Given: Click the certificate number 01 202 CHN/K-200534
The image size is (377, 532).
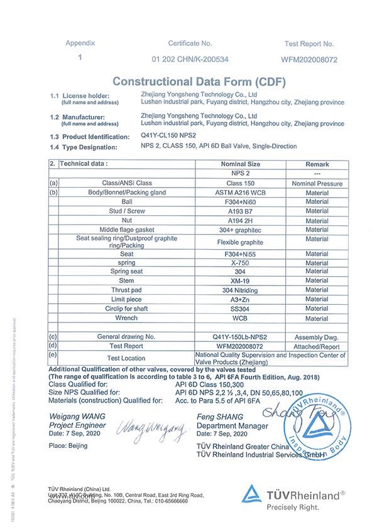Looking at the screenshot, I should (190, 60).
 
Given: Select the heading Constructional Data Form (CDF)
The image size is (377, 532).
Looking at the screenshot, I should (199, 82).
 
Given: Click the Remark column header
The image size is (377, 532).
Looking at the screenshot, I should (317, 164).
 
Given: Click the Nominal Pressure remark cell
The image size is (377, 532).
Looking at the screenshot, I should (317, 183).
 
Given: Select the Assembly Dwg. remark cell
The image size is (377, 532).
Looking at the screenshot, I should (317, 336).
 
